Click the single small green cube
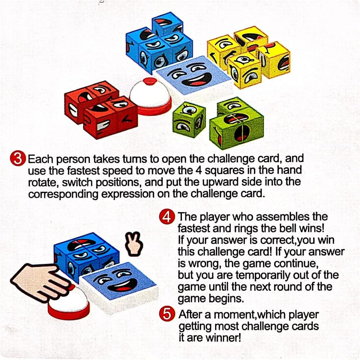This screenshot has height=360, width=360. point(189,120)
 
